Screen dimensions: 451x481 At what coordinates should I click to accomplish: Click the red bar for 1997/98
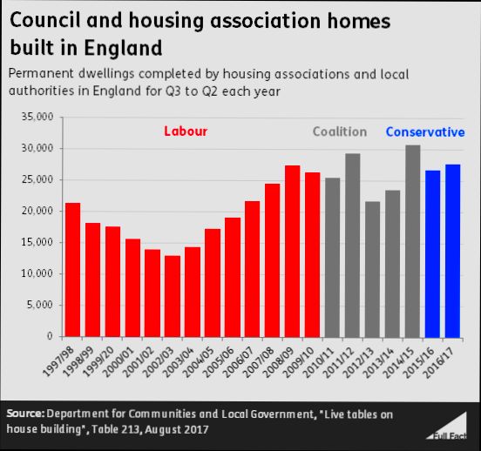pyautogui.click(x=73, y=270)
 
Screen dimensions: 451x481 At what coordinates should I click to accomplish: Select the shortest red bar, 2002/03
pyautogui.click(x=173, y=296)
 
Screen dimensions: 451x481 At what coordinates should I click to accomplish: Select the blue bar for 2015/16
pyautogui.click(x=432, y=253)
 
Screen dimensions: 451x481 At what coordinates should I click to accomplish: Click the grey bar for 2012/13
pyautogui.click(x=372, y=269)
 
